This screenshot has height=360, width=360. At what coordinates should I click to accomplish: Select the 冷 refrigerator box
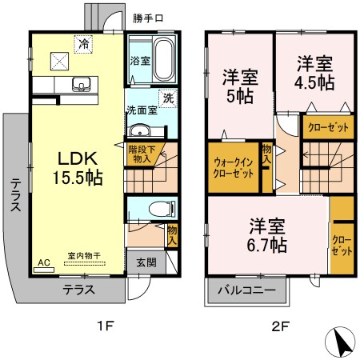[82, 45]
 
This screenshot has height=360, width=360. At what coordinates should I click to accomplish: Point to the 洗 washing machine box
[168, 98]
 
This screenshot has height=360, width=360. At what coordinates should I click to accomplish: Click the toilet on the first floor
[160, 210]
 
